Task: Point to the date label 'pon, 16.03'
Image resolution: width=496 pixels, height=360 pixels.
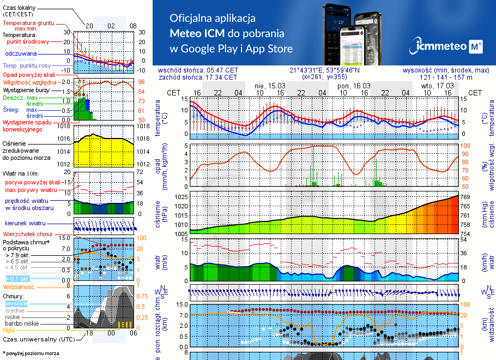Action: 354,86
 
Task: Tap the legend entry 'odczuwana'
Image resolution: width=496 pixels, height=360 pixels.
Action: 21,54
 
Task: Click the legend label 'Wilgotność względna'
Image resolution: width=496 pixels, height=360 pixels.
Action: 29,82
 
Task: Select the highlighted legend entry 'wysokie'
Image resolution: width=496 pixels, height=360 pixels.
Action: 16,303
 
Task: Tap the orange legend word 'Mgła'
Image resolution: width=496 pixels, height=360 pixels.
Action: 9,330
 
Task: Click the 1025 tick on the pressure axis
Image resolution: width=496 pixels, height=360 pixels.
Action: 182,196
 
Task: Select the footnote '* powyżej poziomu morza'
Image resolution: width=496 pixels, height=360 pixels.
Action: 31,353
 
